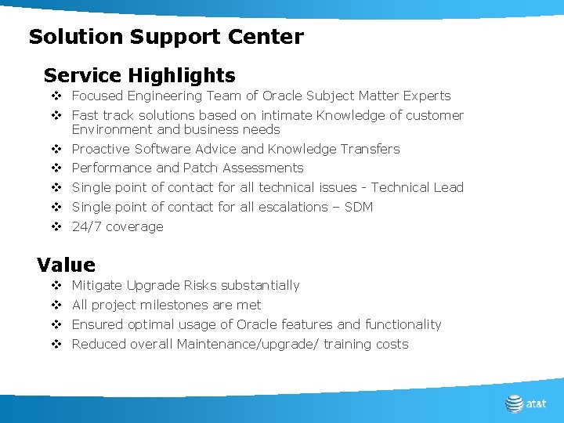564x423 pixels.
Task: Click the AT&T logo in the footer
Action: pyautogui.click(x=526, y=404)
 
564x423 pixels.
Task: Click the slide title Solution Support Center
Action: pyautogui.click(x=165, y=37)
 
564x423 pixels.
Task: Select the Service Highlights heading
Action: pyautogui.click(x=139, y=76)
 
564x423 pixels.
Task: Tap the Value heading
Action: pyautogui.click(x=66, y=265)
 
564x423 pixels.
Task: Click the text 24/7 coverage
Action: pyautogui.click(x=117, y=226)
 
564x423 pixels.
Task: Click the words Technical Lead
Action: pyautogui.click(x=417, y=187)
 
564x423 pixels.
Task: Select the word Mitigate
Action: pyautogui.click(x=97, y=285)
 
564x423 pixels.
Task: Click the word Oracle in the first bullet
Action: pyautogui.click(x=282, y=96)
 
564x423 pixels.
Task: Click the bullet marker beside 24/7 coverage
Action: pyautogui.click(x=56, y=227)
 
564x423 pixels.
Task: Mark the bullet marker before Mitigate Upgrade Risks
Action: pyautogui.click(x=56, y=286)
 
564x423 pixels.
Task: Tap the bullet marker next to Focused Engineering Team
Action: pyautogui.click(x=56, y=96)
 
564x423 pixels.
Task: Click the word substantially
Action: pyautogui.click(x=260, y=285)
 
